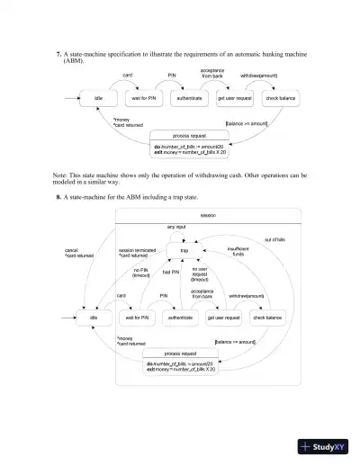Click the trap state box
tap(184, 251)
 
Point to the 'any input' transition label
tap(176, 229)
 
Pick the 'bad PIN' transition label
tap(171, 271)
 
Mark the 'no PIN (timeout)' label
tap(140, 273)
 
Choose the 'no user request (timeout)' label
tap(200, 273)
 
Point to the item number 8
tap(59, 196)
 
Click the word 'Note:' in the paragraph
tap(60, 175)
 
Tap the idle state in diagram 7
tap(98, 97)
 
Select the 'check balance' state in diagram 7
tap(280, 97)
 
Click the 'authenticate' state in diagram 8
tap(183, 318)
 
